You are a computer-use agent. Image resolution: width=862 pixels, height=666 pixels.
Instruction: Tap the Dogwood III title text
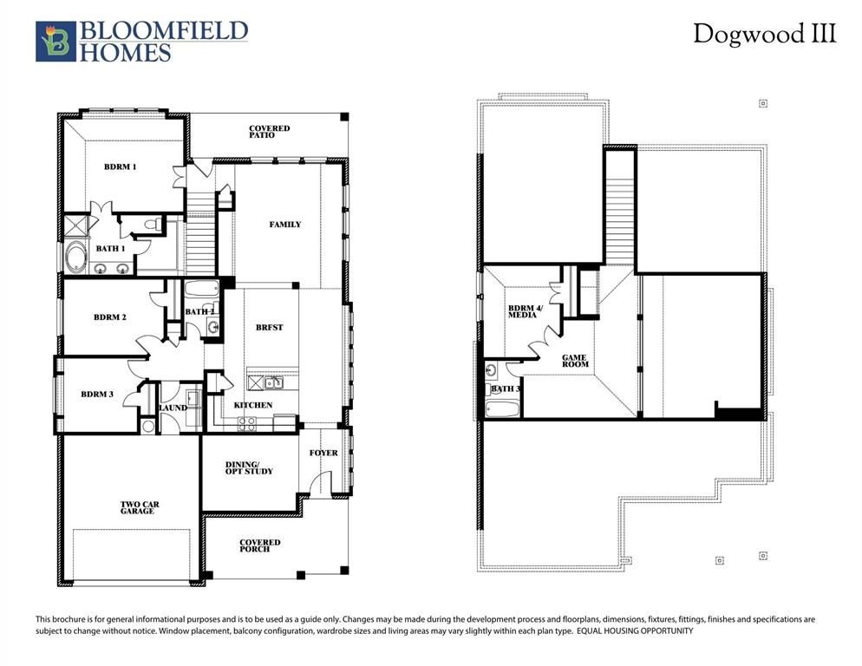(x=764, y=34)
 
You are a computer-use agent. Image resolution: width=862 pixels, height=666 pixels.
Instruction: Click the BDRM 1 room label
(x=121, y=166)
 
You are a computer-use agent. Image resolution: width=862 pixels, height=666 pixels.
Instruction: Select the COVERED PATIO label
(x=269, y=132)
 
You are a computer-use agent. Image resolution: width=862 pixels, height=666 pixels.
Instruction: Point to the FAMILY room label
(x=284, y=225)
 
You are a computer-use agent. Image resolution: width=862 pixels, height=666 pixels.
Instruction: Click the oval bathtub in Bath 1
(x=76, y=258)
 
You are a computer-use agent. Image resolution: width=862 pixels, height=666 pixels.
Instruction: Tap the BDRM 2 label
(x=110, y=317)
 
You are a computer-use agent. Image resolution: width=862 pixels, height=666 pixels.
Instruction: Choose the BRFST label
(x=269, y=328)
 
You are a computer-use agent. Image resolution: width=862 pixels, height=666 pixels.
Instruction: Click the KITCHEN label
(x=253, y=405)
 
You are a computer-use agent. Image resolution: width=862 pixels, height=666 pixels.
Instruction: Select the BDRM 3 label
(x=97, y=395)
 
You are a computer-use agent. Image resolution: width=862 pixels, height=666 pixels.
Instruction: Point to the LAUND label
(x=173, y=408)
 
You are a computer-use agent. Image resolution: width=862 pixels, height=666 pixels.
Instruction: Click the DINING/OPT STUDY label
(x=249, y=467)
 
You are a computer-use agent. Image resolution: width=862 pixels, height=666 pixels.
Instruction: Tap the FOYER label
(x=324, y=453)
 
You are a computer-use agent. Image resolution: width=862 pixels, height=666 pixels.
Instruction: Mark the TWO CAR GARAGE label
(x=139, y=508)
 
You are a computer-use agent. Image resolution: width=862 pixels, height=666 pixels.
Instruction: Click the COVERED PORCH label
(x=260, y=545)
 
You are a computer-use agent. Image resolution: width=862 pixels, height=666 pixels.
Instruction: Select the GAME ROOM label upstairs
(x=575, y=360)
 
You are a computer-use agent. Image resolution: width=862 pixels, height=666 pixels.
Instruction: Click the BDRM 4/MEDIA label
(x=522, y=311)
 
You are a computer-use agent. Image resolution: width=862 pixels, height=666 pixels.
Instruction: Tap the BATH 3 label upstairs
(x=506, y=389)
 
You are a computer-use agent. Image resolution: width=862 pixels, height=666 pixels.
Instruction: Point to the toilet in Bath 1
(x=153, y=225)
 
